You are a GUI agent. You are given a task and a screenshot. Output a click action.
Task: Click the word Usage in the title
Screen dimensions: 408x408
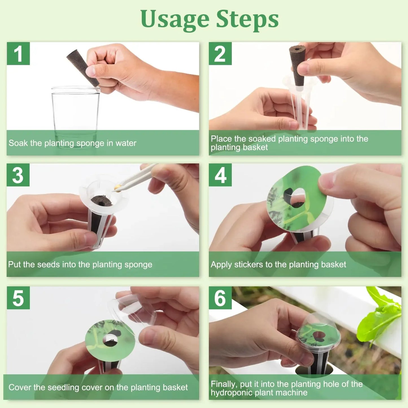click(175, 19)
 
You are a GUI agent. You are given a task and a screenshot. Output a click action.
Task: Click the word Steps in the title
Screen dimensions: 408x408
click(247, 19)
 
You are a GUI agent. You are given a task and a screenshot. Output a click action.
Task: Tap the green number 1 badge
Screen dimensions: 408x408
click(18, 54)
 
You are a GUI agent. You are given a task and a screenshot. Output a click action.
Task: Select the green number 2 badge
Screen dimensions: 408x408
click(220, 54)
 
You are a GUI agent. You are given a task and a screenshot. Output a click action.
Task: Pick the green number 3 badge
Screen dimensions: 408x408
click(18, 175)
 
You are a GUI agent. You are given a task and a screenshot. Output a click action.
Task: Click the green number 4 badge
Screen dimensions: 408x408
click(220, 175)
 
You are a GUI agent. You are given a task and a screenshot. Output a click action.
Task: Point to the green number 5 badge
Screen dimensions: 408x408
click(18, 298)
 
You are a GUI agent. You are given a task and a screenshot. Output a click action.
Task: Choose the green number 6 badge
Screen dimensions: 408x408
click(220, 298)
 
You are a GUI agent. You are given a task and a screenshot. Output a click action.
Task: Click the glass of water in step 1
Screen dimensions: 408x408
click(75, 113)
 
